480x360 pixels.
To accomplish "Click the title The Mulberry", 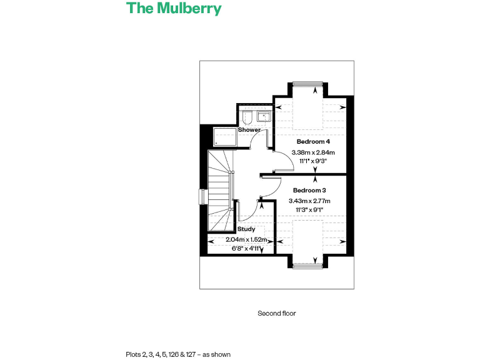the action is pyautogui.click(x=174, y=9).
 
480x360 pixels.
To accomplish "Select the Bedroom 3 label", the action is pyautogui.click(x=309, y=191).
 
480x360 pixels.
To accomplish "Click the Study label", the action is pyautogui.click(x=246, y=229).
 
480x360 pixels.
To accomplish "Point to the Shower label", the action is pyautogui.click(x=249, y=130).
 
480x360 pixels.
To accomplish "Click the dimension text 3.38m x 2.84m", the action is pyautogui.click(x=313, y=152).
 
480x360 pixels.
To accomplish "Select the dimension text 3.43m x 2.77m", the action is pyautogui.click(x=309, y=201).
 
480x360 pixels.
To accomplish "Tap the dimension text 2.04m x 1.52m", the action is pyautogui.click(x=247, y=240).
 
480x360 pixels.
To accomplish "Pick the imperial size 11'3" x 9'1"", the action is pyautogui.click(x=309, y=210).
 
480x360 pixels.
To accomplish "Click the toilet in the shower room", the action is pyautogui.click(x=247, y=117).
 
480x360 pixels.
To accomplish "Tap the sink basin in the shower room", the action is pyautogui.click(x=264, y=116).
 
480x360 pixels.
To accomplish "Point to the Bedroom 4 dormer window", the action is pyautogui.click(x=307, y=84).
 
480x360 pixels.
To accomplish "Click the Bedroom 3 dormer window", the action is pyautogui.click(x=307, y=266).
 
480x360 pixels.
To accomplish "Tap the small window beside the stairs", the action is pyautogui.click(x=202, y=196).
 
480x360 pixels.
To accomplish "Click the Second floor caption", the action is pyautogui.click(x=277, y=314).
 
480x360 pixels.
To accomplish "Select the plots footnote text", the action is pyautogui.click(x=178, y=354).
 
